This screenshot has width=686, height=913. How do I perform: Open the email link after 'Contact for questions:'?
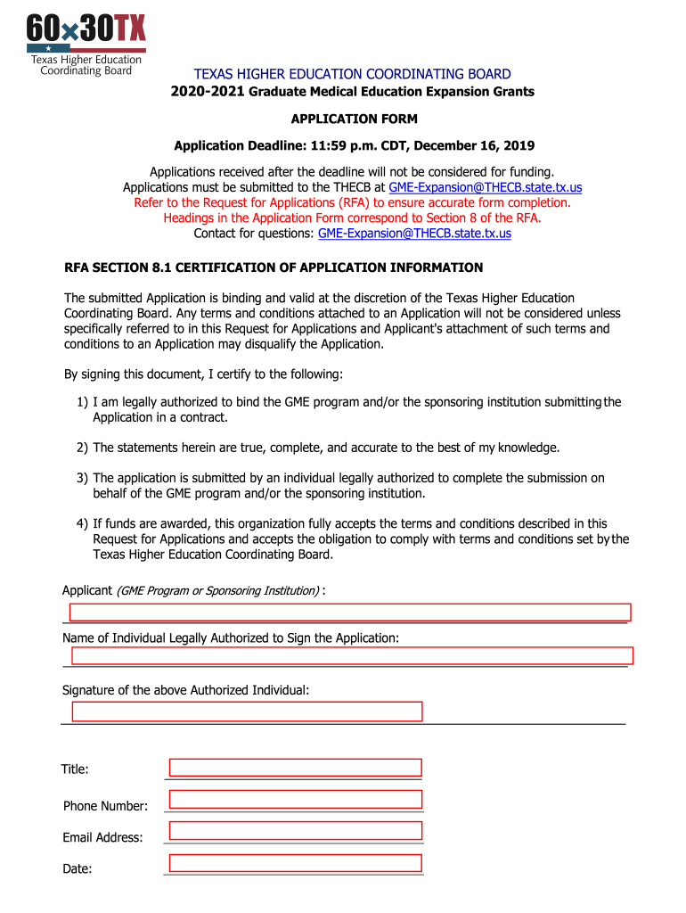[414, 234]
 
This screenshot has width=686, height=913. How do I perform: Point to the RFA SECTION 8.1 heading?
[274, 267]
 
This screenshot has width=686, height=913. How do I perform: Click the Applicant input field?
[350, 612]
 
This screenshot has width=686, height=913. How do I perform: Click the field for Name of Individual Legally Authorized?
[352, 656]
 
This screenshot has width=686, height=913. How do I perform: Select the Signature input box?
[247, 711]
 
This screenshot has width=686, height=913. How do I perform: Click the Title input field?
[295, 768]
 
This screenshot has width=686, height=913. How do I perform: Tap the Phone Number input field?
[295, 799]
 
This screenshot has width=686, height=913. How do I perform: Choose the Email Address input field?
[295, 831]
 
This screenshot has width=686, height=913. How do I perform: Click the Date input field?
[295, 862]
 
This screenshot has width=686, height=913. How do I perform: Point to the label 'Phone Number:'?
[105, 806]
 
